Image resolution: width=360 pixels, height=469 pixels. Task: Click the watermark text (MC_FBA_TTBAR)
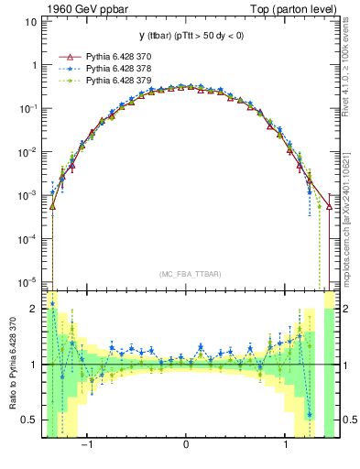[187, 274]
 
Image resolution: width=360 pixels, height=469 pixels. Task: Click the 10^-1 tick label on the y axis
[29, 108]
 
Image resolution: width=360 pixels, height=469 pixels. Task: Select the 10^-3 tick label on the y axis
[29, 194]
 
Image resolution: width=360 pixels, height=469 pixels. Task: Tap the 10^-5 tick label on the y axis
[29, 280]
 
